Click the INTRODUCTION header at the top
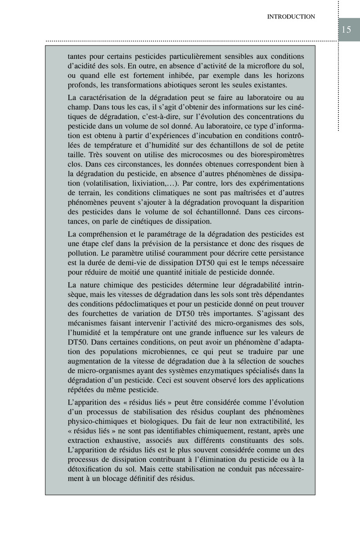tap(291, 17)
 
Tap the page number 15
tap(346, 30)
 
